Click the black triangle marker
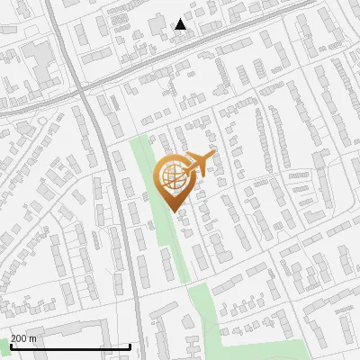pyautogui.click(x=181, y=24)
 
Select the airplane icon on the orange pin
pyautogui.click(x=200, y=163)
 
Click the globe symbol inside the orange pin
pyautogui.click(x=174, y=176)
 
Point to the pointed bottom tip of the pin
pyautogui.click(x=175, y=212)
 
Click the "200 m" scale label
pyautogui.click(x=23, y=338)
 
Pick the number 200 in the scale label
pyautogui.click(x=19, y=338)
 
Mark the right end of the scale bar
pyautogui.click(x=130, y=346)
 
